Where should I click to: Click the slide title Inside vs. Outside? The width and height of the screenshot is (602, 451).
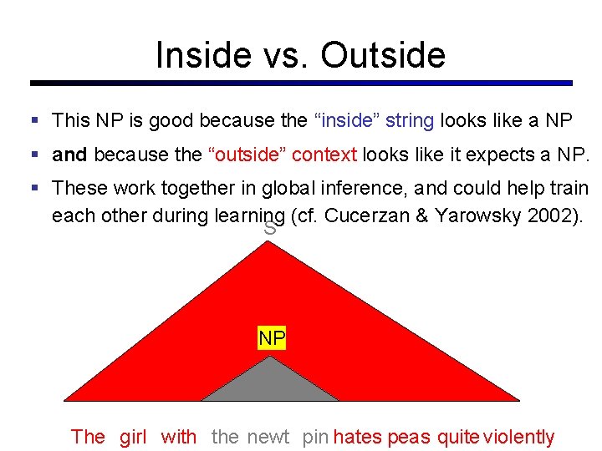(x=300, y=55)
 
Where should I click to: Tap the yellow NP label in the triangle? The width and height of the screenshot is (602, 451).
(x=272, y=338)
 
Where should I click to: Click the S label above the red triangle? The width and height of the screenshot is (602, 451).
(x=269, y=228)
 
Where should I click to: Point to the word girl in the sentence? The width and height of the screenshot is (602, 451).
(x=133, y=437)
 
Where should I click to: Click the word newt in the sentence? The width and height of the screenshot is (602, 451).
(x=268, y=437)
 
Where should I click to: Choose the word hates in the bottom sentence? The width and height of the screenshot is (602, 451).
(x=358, y=437)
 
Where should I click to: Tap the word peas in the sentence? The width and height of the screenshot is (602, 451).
(x=409, y=437)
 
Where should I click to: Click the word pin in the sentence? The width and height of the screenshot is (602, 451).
(x=315, y=437)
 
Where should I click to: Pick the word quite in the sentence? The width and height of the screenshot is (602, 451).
(x=457, y=437)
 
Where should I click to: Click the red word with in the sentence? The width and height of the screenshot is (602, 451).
(x=179, y=437)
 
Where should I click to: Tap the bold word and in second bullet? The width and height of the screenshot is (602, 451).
(x=69, y=155)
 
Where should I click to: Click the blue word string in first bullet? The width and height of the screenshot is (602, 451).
(x=410, y=120)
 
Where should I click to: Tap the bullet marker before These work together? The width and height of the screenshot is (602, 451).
(x=34, y=190)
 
